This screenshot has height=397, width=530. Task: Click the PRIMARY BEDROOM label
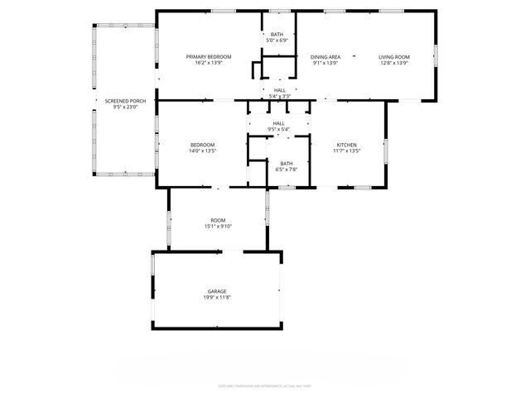208,56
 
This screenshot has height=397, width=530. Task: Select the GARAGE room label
217,291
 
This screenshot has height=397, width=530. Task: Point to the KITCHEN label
346,145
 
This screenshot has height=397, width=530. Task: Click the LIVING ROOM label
394,56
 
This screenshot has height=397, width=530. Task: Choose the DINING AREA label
325,56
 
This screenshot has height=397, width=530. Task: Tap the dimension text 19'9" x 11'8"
217,298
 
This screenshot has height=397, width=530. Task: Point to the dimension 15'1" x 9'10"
218,227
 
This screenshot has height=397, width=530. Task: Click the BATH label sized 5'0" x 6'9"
277,34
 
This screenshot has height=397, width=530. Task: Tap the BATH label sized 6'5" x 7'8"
286,163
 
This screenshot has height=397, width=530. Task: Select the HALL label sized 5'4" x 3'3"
280,90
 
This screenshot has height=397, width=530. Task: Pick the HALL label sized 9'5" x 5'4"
279,123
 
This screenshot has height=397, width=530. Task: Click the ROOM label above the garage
218,220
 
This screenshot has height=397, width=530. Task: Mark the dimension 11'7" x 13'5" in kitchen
346,151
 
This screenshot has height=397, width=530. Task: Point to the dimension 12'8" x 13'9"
394,63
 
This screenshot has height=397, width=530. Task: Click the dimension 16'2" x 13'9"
208,63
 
